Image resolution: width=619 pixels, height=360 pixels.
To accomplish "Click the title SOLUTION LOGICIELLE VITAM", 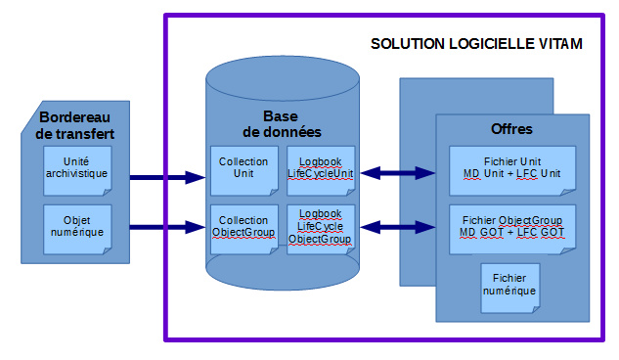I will (x=477, y=45).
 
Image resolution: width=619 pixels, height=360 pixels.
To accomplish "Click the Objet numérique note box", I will (x=77, y=228).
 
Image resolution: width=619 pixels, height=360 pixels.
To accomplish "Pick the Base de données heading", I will (x=281, y=123).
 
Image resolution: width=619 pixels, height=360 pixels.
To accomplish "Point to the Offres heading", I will (x=510, y=129).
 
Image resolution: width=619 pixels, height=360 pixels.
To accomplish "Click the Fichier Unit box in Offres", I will (x=512, y=168).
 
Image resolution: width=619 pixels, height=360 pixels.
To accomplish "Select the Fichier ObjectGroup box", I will (x=512, y=228).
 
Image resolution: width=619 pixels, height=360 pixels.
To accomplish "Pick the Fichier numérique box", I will (x=509, y=286).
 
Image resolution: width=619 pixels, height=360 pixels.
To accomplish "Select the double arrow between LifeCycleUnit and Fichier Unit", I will (x=397, y=173).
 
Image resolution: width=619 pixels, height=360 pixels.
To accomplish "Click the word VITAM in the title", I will (x=561, y=45).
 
